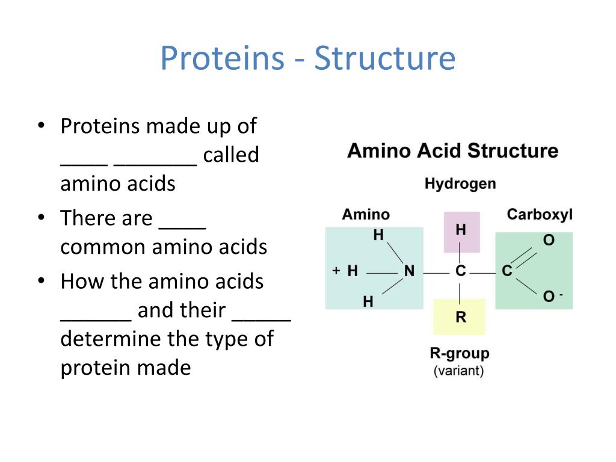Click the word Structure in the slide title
pyautogui.click(x=384, y=58)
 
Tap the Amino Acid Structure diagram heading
pyautogui.click(x=452, y=150)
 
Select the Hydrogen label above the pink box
pyautogui.click(x=460, y=183)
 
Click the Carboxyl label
pyautogui.click(x=540, y=214)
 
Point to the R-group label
pyautogui.click(x=460, y=353)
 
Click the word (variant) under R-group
pyautogui.click(x=458, y=371)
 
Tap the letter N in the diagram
pyautogui.click(x=409, y=271)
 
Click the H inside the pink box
pyautogui.click(x=461, y=230)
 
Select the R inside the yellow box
pyautogui.click(x=461, y=317)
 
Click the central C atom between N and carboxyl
pyautogui.click(x=461, y=271)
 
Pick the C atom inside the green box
pyautogui.click(x=507, y=271)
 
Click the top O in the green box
pyautogui.click(x=549, y=240)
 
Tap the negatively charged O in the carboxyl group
pyautogui.click(x=549, y=297)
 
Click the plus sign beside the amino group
pyautogui.click(x=336, y=271)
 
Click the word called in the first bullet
pyautogui.click(x=230, y=155)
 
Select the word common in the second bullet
pyautogui.click(x=103, y=247)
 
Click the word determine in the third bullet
pyautogui.click(x=111, y=339)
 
